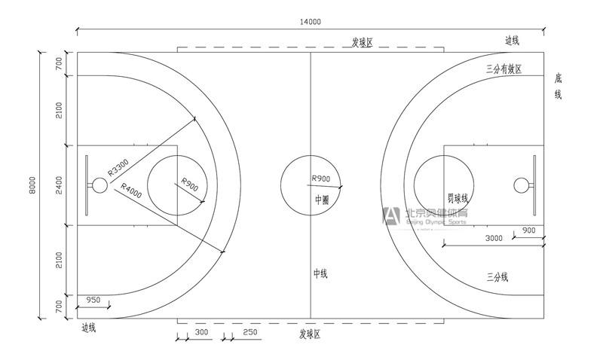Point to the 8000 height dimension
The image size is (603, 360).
32,185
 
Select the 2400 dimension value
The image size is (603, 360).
59,185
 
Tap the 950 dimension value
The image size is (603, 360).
93,300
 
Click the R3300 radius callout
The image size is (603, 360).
118,166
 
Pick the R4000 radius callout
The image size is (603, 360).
130,192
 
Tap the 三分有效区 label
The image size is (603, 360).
504,69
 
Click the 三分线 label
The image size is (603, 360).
497,277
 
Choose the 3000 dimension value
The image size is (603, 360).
494,238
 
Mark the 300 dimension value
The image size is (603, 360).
201,332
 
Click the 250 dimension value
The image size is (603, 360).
250,332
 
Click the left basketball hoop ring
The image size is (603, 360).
99,185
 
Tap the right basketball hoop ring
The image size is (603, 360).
520,185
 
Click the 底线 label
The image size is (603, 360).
559,86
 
